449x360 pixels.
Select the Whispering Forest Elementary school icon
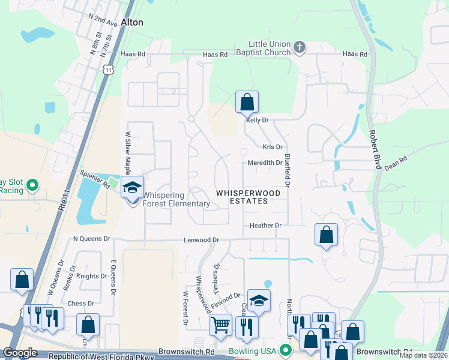(132, 188)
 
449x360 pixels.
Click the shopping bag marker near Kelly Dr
(247, 103)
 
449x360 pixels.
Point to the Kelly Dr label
(256, 121)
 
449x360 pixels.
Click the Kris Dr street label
(272, 147)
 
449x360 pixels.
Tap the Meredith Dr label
(265, 163)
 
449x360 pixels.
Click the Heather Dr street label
(265, 226)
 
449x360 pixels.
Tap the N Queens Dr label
(92, 238)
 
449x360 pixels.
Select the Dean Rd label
(396, 161)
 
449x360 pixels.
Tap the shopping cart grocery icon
(220, 325)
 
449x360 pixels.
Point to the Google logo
(20, 353)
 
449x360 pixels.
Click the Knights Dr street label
(87, 277)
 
